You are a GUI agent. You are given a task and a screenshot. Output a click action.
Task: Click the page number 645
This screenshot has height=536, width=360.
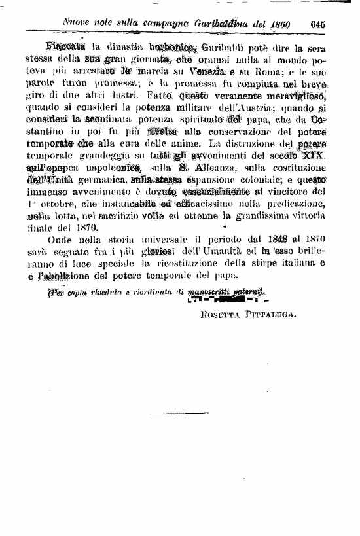[x=318, y=24]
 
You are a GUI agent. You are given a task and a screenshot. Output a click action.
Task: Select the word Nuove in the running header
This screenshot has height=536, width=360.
[x=77, y=23]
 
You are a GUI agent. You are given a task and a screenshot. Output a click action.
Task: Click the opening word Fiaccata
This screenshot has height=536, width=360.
[x=67, y=48]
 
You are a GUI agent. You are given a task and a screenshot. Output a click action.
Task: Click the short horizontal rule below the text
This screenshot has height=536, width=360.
[x=168, y=413]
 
